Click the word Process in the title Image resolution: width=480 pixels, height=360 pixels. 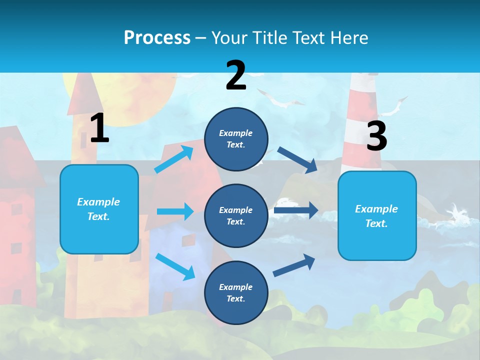[157, 37]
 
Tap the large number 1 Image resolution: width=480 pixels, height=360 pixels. [99, 128]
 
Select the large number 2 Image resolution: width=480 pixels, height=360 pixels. [236, 75]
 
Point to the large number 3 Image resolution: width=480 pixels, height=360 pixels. [376, 136]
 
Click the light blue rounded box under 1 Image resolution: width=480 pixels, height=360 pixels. [99, 209]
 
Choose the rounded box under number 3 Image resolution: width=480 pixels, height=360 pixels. [377, 215]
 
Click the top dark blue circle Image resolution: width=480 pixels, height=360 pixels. [236, 139]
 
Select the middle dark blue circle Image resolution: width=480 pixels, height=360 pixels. [236, 215]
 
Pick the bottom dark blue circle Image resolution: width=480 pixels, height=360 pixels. [236, 292]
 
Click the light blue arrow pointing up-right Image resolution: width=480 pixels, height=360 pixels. [174, 159]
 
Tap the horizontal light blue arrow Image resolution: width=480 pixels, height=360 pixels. [175, 211]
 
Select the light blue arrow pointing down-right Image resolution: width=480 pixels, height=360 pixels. [175, 266]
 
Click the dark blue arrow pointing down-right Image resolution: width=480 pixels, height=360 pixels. [298, 160]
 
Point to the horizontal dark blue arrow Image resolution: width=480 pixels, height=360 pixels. [295, 210]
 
